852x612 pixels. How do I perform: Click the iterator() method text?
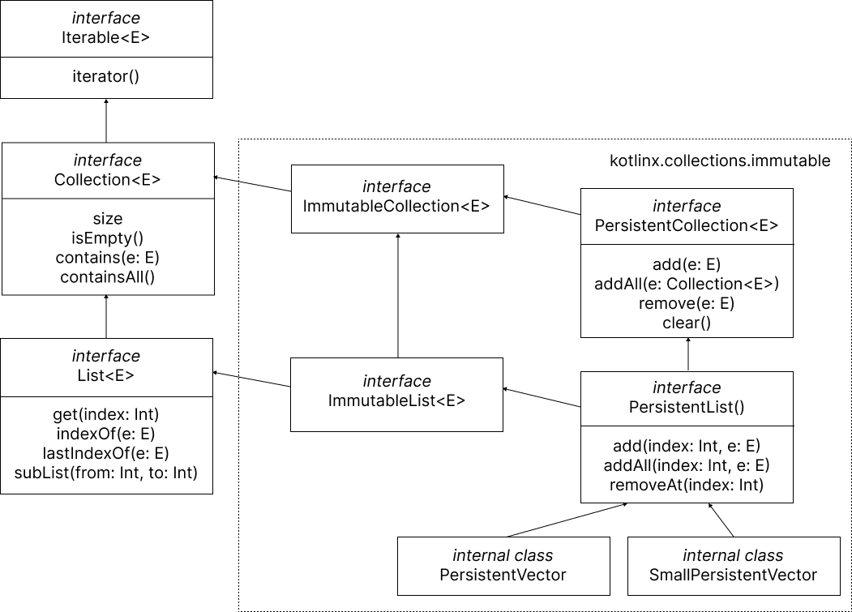[106, 77]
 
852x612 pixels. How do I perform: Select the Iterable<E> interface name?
[106, 37]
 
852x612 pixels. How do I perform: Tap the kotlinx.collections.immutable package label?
[719, 160]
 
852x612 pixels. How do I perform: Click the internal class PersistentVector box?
[503, 565]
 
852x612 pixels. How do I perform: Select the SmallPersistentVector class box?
[733, 565]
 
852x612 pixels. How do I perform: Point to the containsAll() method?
[107, 277]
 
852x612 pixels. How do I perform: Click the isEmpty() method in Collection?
[107, 238]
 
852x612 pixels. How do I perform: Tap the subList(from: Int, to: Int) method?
[106, 473]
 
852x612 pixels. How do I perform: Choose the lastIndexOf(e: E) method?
[106, 453]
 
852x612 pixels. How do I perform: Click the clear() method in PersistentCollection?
[687, 323]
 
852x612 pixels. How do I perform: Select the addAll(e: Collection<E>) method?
[687, 284]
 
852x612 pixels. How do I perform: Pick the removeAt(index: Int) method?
[687, 486]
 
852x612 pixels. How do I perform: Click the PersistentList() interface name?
[687, 407]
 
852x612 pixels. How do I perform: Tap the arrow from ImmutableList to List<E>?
[251, 379]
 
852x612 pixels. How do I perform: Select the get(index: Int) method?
[106, 414]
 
